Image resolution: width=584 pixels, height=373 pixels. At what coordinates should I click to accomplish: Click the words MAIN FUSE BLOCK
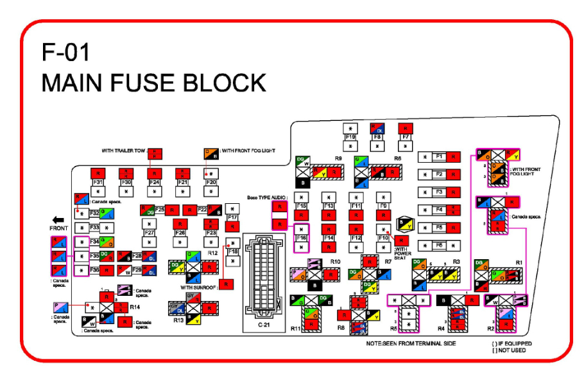[x=153, y=83]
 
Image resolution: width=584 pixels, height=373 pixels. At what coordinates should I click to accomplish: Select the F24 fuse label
[x=154, y=183]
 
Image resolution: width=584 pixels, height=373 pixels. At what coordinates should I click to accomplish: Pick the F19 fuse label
[x=350, y=137]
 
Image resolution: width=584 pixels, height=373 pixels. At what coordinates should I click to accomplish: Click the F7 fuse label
[x=405, y=137]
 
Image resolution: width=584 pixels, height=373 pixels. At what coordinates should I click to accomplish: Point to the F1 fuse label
[x=440, y=157]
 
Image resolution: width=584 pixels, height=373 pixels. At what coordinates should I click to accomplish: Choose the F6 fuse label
[x=440, y=246]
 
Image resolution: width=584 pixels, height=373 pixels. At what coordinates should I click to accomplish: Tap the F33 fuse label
[x=94, y=228]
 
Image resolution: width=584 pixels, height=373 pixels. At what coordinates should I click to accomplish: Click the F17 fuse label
[x=233, y=219]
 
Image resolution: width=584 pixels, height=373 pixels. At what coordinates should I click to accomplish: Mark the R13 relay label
[x=178, y=320]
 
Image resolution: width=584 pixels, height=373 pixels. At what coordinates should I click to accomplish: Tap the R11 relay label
[x=296, y=329]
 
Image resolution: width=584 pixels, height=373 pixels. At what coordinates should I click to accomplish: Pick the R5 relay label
[x=393, y=329]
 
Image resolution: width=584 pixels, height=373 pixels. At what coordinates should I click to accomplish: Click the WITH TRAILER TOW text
[x=123, y=151]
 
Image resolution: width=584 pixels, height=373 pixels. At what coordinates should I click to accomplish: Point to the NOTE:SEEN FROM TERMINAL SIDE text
[x=411, y=344]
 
